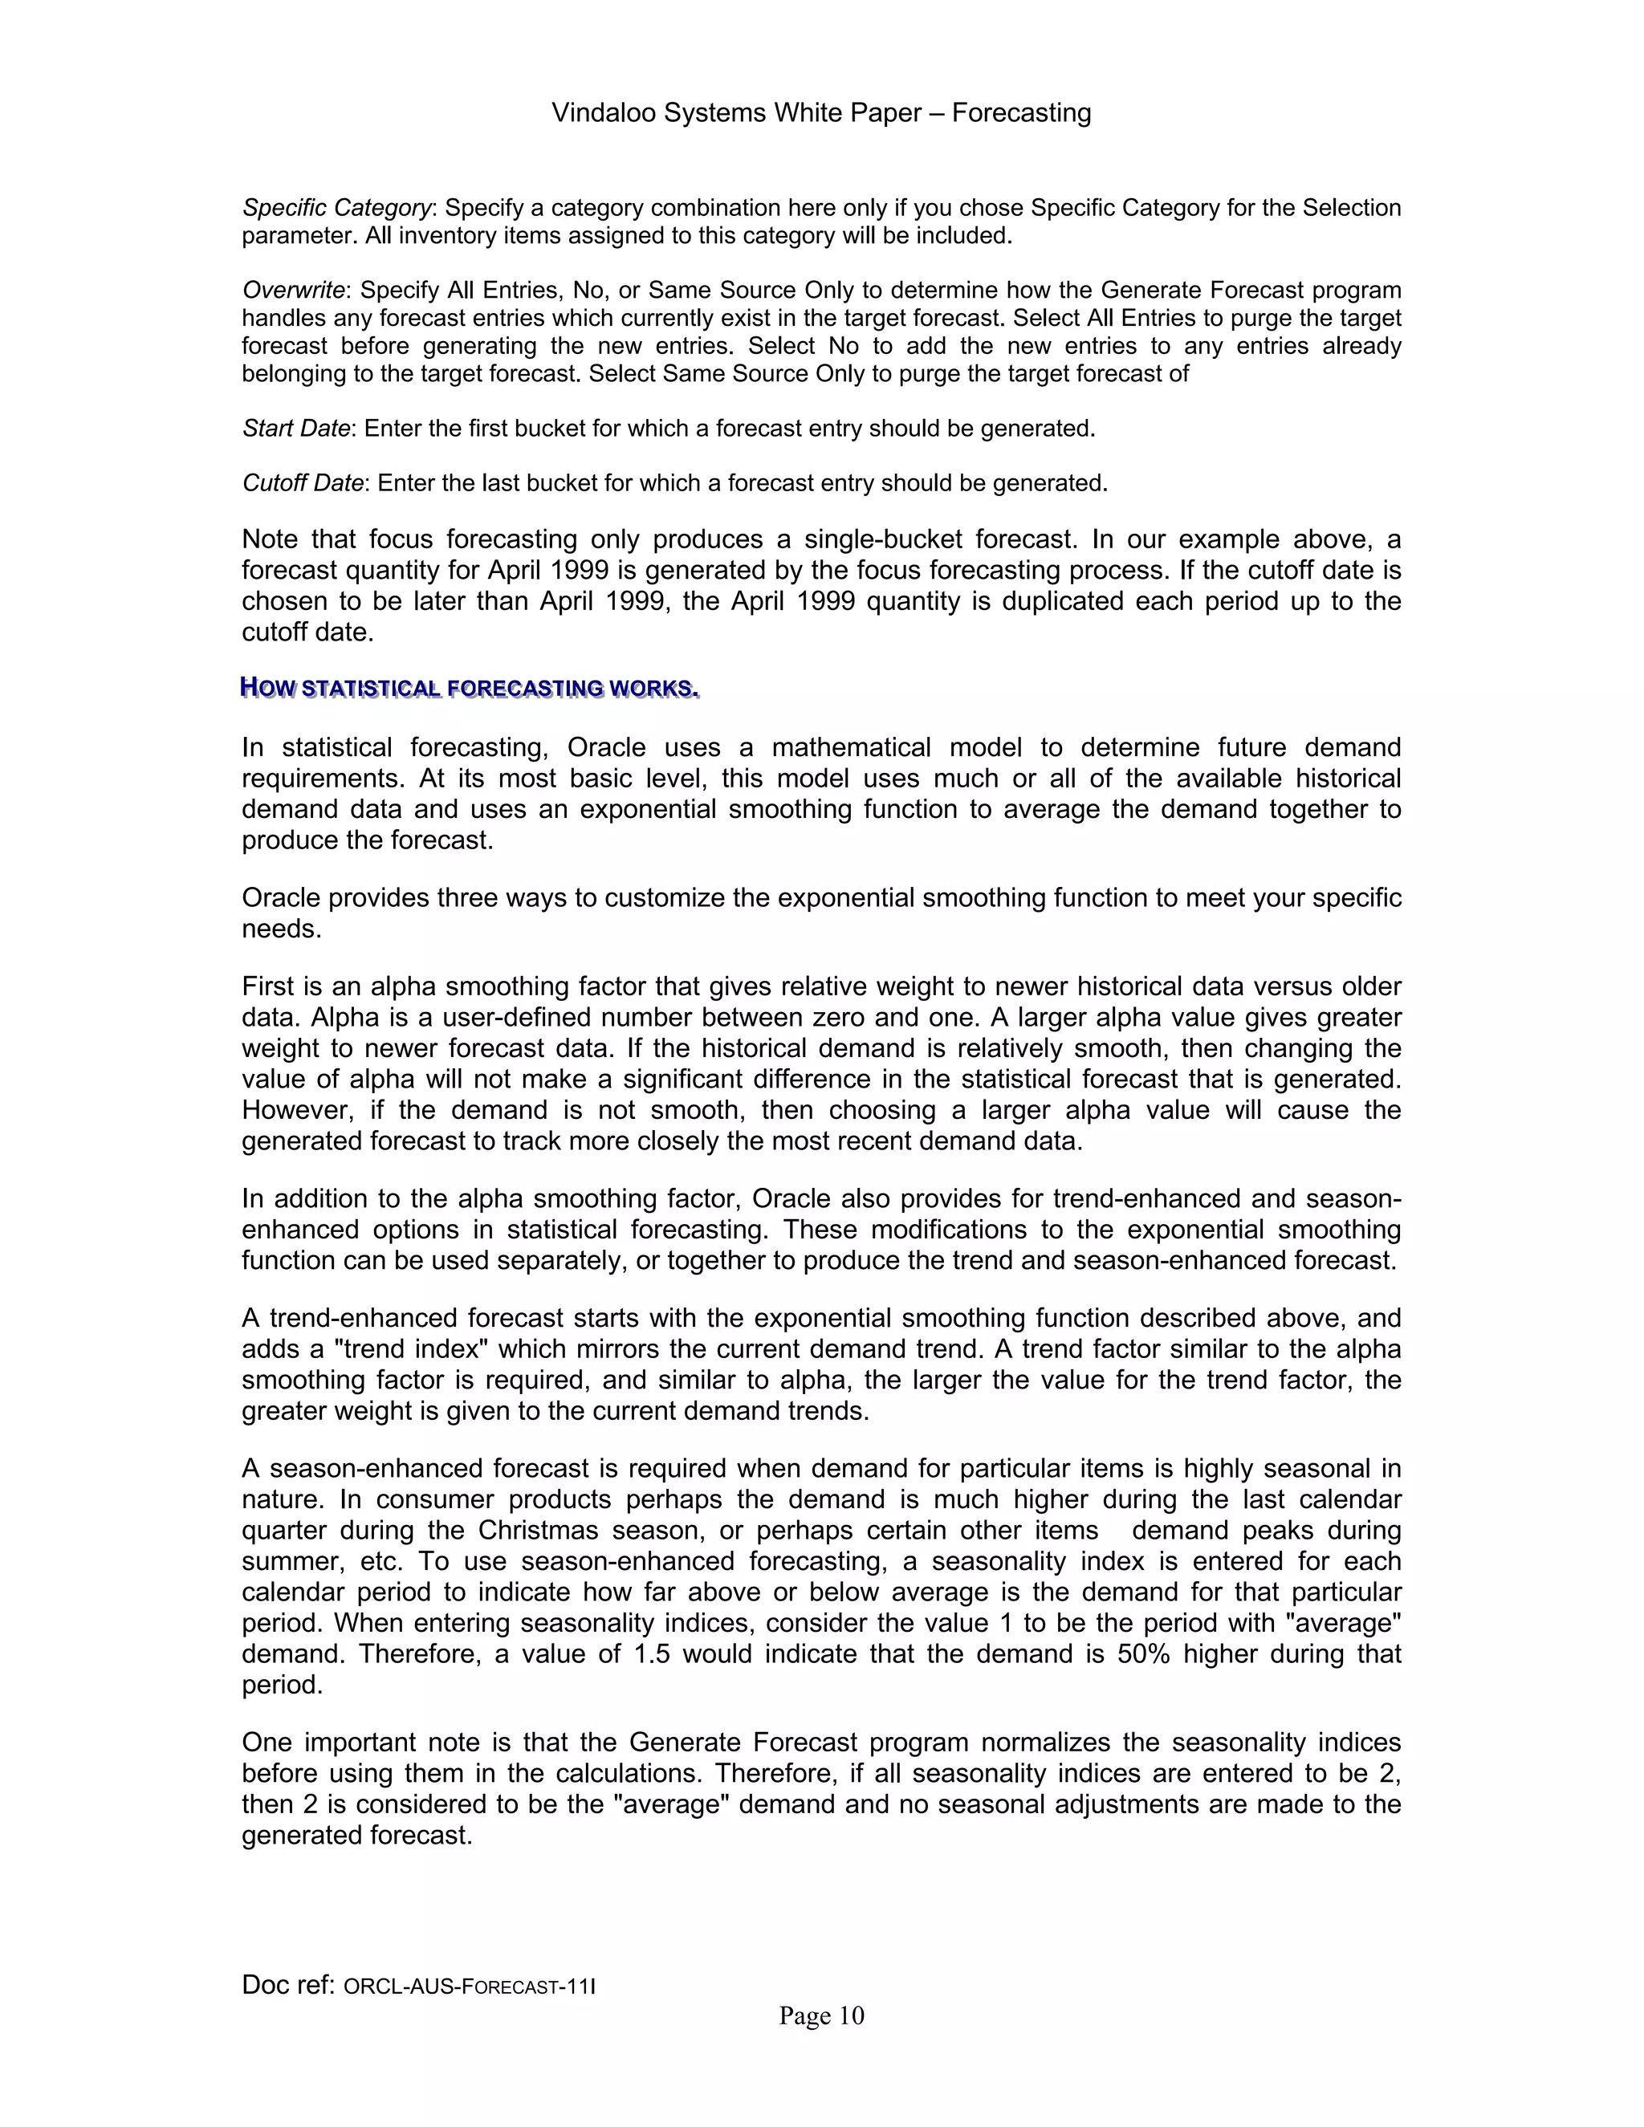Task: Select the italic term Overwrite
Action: [293, 291]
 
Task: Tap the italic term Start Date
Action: [295, 429]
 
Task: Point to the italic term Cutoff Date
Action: [302, 484]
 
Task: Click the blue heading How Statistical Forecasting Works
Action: [470, 689]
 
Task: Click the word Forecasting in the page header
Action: [1021, 114]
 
